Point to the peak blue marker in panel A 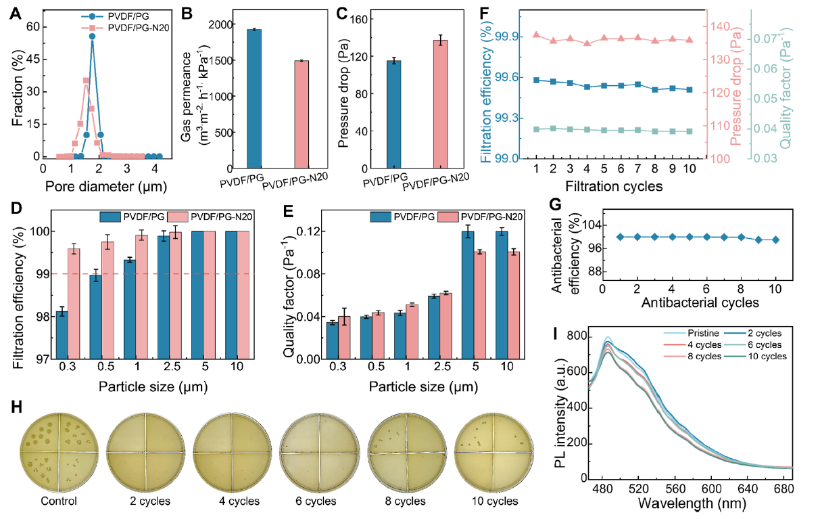point(92,37)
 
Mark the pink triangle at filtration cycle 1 point(536,35)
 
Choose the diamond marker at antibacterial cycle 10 point(775,240)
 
